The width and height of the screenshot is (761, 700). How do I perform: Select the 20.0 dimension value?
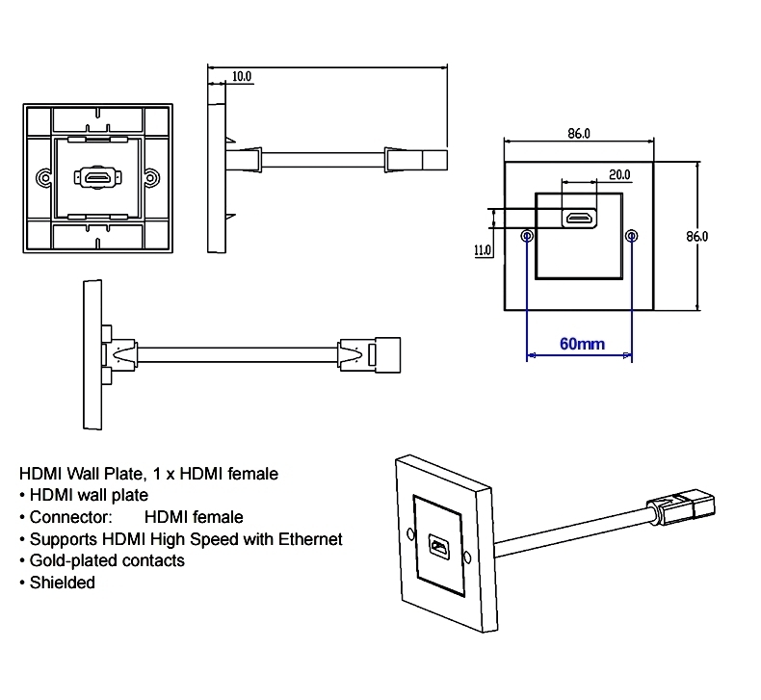(619, 174)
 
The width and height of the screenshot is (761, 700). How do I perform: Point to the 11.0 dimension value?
(483, 249)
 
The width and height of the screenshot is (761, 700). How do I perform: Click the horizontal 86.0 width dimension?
(578, 135)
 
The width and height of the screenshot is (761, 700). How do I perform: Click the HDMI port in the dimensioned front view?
(579, 219)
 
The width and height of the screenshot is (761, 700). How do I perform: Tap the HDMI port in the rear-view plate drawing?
(95, 178)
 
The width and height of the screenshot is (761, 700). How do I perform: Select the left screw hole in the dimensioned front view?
(526, 236)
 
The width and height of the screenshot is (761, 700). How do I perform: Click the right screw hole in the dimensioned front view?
(632, 236)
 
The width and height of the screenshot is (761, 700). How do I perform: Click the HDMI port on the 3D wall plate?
(439, 550)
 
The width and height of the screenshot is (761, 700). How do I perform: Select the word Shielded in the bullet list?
(63, 583)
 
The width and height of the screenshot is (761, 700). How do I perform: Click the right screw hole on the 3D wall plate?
(467, 557)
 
